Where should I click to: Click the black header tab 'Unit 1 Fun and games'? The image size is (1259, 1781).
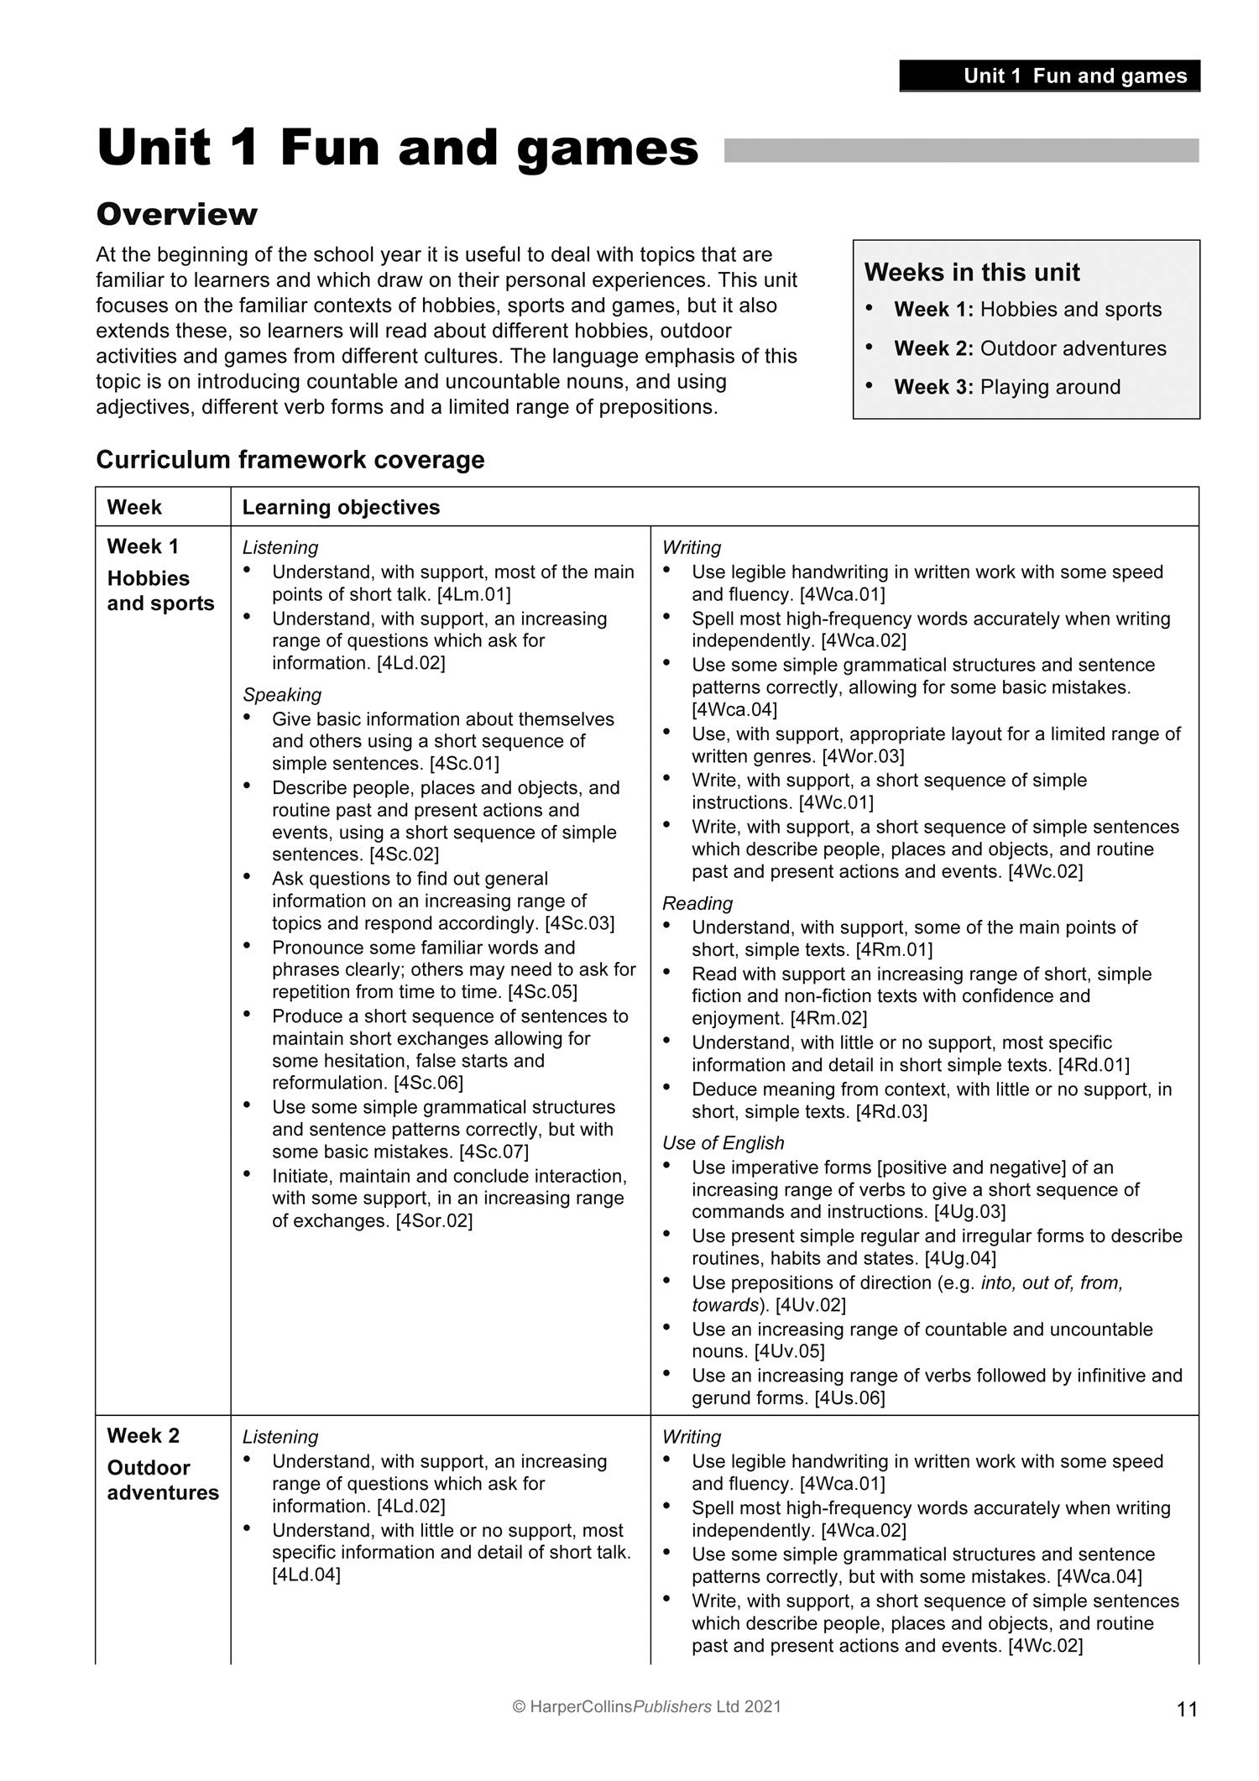[1049, 76]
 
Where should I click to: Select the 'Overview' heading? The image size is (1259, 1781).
[177, 215]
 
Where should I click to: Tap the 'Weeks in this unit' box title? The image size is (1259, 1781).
[972, 273]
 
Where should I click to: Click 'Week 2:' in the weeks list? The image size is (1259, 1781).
[933, 348]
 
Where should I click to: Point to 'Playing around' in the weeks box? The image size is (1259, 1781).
[1050, 387]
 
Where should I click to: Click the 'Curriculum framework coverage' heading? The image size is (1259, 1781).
[290, 460]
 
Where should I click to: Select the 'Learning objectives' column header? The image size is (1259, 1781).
[341, 507]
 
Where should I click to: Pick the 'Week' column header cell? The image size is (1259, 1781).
[134, 507]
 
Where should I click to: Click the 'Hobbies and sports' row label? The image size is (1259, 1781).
[160, 591]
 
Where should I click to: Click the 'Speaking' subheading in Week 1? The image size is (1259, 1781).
[282, 695]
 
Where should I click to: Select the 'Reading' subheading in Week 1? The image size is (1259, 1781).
[697, 903]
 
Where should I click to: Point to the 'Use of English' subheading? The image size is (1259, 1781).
[723, 1142]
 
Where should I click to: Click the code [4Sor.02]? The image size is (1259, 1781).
[434, 1220]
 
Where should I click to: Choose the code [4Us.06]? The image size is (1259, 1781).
[849, 1397]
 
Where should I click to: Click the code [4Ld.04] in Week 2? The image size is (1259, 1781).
[306, 1575]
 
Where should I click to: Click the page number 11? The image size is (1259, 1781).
[1187, 1710]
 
